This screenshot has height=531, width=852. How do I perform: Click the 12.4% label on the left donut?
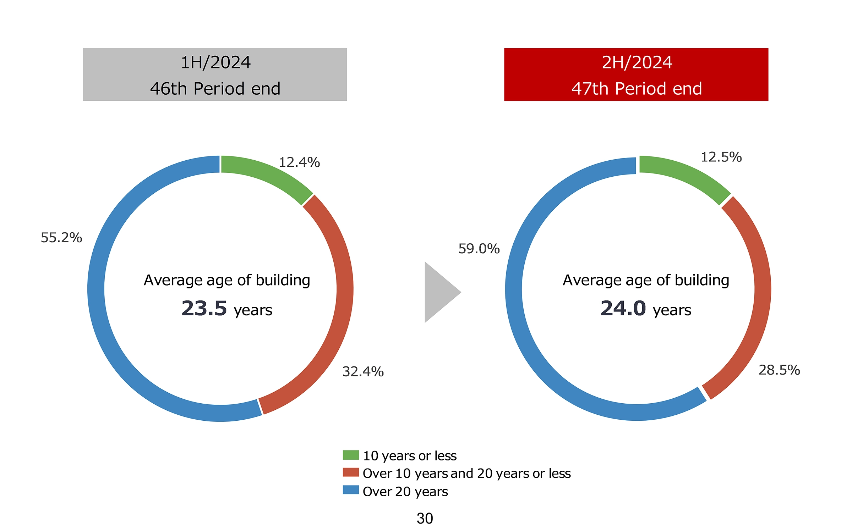tap(299, 162)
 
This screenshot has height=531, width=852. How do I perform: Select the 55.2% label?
tap(61, 238)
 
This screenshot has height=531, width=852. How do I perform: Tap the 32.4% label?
tap(363, 372)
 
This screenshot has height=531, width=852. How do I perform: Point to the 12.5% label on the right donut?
tap(721, 157)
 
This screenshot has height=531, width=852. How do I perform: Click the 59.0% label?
tap(479, 249)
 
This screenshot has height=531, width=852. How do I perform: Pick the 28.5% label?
tap(779, 370)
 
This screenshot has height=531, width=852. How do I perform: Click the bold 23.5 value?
tap(204, 308)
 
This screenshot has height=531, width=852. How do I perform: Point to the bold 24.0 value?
tap(623, 308)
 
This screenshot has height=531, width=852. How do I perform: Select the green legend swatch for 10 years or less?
tap(351, 455)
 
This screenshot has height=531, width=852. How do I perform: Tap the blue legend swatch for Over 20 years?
tap(351, 490)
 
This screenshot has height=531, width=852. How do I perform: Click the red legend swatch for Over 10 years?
tap(351, 472)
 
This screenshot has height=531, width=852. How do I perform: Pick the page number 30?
tap(425, 519)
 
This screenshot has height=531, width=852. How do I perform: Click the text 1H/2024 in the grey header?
tap(215, 62)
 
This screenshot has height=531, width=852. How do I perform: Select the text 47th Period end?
tap(637, 89)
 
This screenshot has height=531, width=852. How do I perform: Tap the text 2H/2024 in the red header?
tap(637, 62)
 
